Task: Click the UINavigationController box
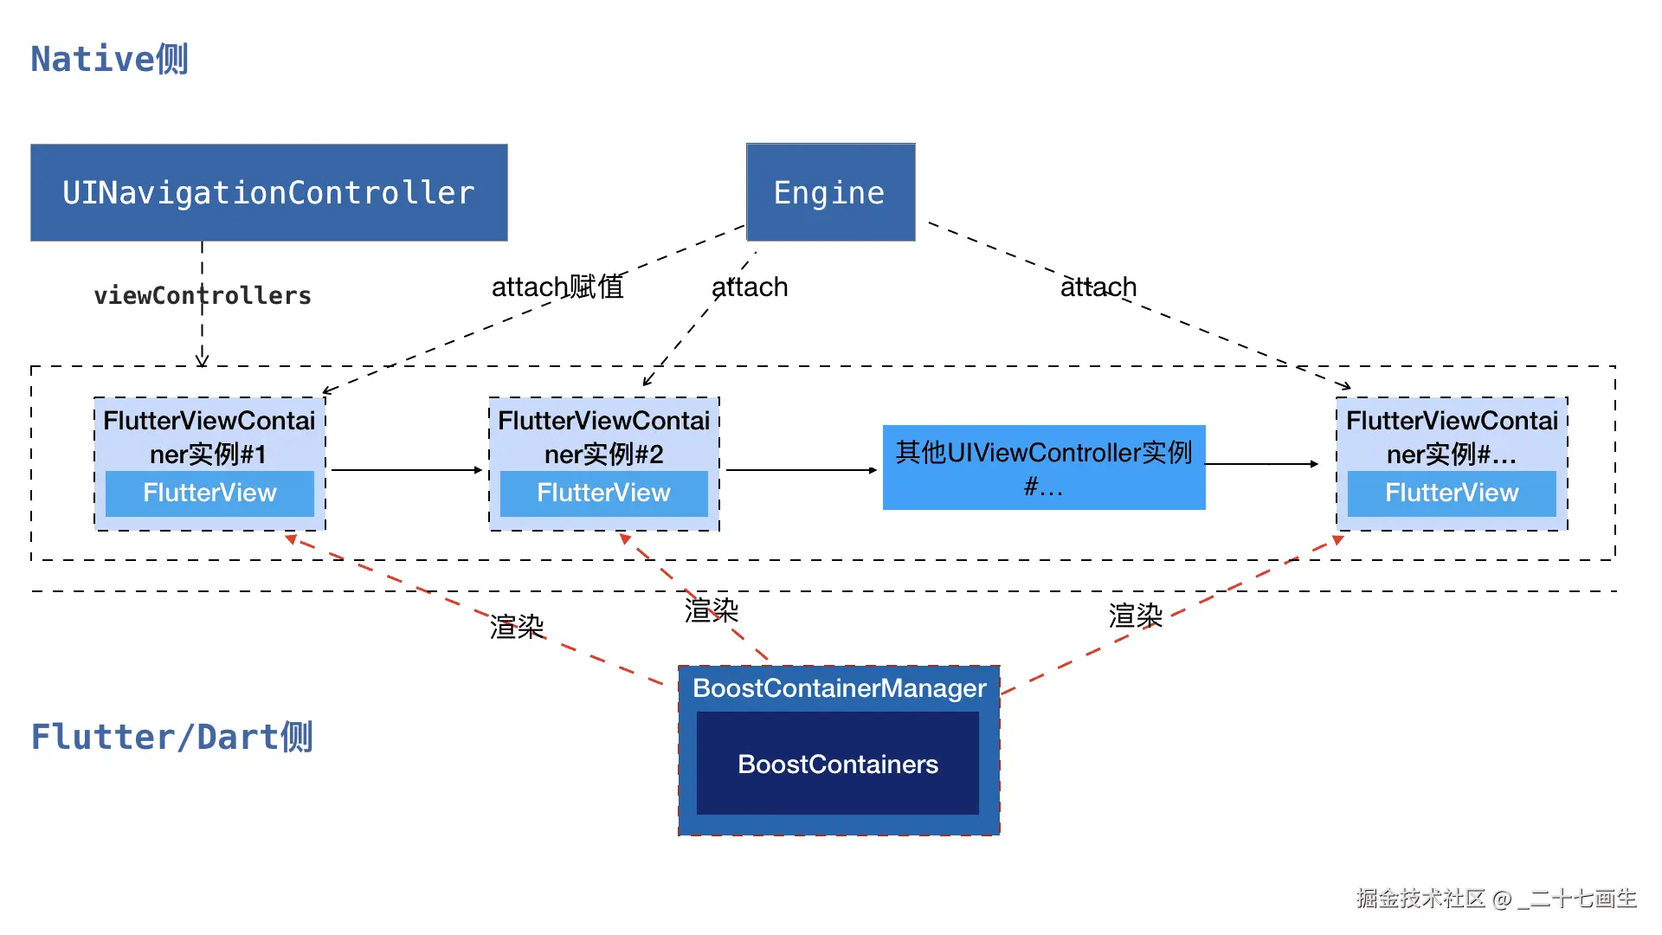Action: pos(268,192)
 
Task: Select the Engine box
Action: pos(829,192)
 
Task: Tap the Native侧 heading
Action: pos(110,59)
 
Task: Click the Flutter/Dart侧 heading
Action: pos(171,737)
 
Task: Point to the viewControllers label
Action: pos(203,295)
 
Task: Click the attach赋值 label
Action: pos(557,287)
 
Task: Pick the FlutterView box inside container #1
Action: pos(209,493)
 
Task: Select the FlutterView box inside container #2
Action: pos(603,493)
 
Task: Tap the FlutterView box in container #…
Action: pos(1452,493)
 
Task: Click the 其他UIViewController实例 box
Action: pos(1043,467)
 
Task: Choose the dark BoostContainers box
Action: pos(837,764)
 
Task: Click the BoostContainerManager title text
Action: pos(839,688)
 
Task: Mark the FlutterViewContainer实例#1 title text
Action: pos(209,437)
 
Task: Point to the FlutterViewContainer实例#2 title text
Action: pos(603,437)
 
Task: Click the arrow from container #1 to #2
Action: pos(406,470)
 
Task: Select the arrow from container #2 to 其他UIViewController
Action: pos(801,470)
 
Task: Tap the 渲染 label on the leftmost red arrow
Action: pos(517,627)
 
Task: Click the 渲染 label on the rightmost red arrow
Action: pos(1135,616)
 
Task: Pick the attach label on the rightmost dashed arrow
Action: pos(1098,287)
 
